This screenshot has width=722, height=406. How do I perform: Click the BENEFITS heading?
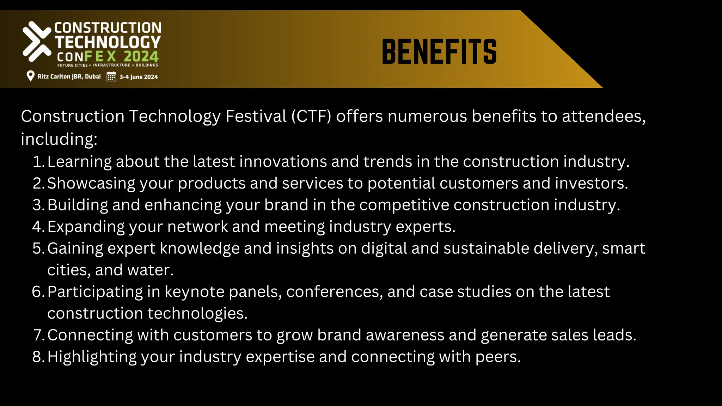[x=439, y=52]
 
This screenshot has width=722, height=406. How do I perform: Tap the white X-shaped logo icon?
[x=37, y=41]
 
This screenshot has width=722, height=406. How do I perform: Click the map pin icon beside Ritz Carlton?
[x=31, y=76]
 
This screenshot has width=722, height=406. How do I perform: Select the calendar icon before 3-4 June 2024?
[x=111, y=76]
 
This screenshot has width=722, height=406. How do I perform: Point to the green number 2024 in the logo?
[x=141, y=56]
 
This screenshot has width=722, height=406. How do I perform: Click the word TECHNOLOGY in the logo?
[x=108, y=42]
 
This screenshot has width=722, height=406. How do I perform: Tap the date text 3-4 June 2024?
[x=139, y=77]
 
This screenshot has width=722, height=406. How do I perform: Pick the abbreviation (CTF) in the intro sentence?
[x=311, y=116]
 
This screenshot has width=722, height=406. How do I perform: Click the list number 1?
[x=38, y=162]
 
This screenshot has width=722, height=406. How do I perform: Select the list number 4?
[x=38, y=227]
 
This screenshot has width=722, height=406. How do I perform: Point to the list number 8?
[x=38, y=357]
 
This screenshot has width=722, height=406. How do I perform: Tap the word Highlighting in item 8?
[x=92, y=357]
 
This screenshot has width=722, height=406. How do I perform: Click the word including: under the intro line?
[x=59, y=139]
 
